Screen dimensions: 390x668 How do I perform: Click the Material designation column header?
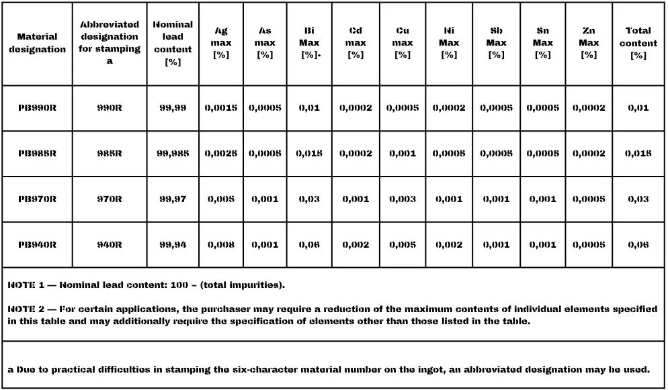(37, 43)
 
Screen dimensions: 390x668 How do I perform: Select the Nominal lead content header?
(173, 43)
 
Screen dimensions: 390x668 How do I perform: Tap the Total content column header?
(638, 43)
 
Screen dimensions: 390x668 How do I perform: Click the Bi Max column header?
(309, 43)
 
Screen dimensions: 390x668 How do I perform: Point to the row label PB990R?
(37, 108)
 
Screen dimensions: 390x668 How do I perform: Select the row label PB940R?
(37, 245)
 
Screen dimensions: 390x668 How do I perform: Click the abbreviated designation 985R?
(110, 154)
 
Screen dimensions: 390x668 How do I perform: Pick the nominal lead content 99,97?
(173, 199)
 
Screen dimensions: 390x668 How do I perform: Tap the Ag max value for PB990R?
(221, 108)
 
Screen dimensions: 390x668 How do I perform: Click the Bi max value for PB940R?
(309, 245)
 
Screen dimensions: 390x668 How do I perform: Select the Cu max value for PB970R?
(402, 199)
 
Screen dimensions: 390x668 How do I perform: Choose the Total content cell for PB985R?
(638, 154)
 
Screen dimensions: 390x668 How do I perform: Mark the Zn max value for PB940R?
(589, 245)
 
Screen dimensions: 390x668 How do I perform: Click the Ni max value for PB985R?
(449, 154)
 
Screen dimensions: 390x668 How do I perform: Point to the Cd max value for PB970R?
(356, 199)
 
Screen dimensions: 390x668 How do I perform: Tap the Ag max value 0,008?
(221, 245)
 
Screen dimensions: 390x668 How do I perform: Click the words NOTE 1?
(27, 285)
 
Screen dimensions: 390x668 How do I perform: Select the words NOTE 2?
(27, 309)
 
